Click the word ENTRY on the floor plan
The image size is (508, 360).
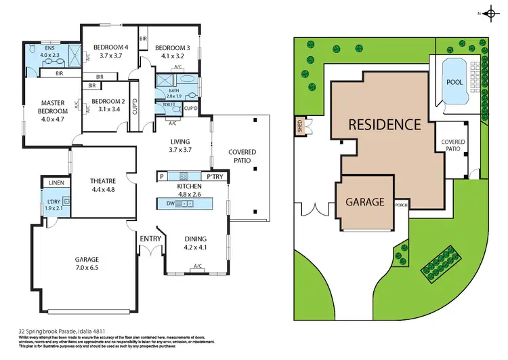click(x=150, y=239)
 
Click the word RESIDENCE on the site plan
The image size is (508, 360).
click(x=384, y=125)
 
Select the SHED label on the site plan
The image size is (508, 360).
click(x=298, y=125)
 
